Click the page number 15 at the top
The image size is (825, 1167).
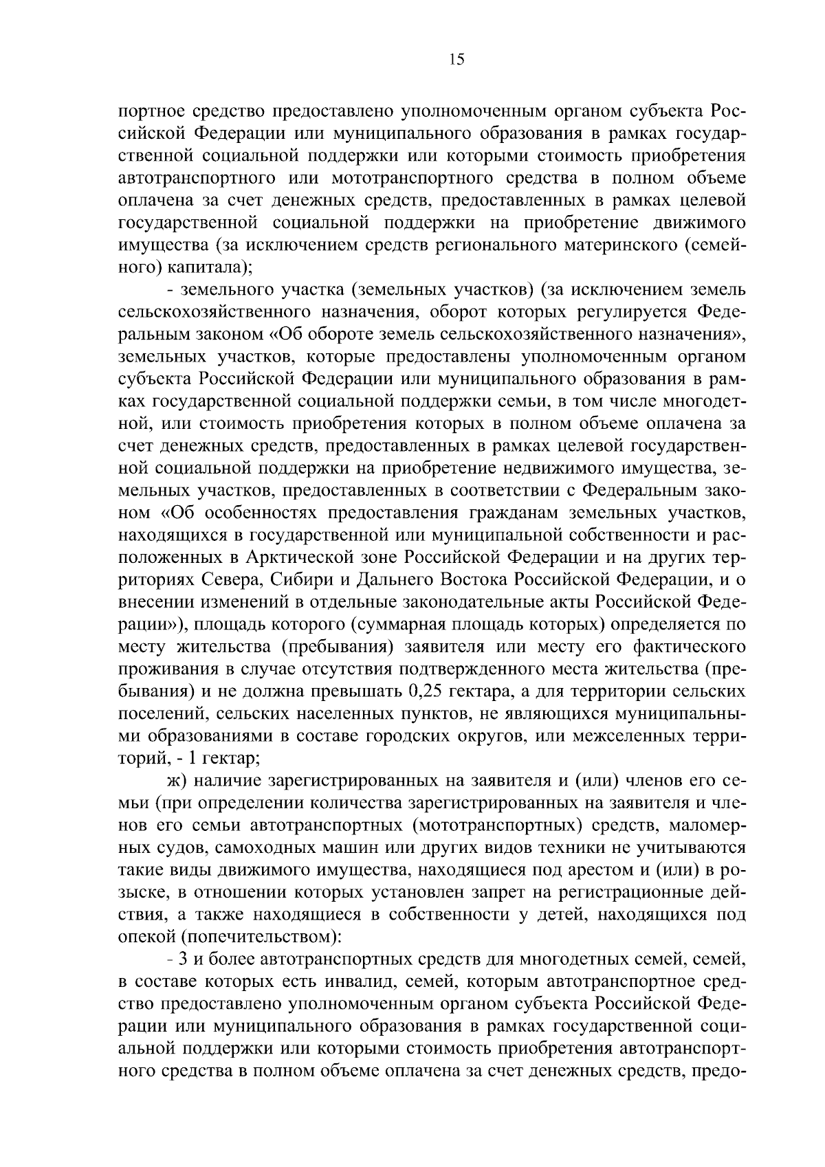pos(456,60)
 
